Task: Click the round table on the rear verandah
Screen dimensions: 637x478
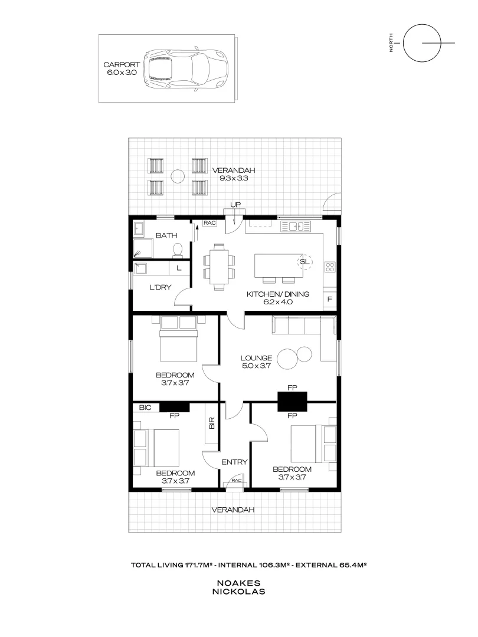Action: click(x=177, y=175)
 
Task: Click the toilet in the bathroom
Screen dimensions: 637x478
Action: click(x=177, y=252)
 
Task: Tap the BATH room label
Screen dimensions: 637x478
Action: click(x=166, y=236)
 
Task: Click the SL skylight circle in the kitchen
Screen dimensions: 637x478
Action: click(x=305, y=261)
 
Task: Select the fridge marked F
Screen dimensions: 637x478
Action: click(x=329, y=300)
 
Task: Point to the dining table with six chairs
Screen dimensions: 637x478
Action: click(x=219, y=267)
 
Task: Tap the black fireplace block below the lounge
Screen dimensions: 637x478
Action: click(x=292, y=402)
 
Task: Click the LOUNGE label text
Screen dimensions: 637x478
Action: click(x=256, y=357)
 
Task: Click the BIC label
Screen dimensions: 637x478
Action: click(x=145, y=407)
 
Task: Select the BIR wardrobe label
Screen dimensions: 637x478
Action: click(x=211, y=422)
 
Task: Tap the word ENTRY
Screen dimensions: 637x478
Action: click(x=234, y=462)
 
